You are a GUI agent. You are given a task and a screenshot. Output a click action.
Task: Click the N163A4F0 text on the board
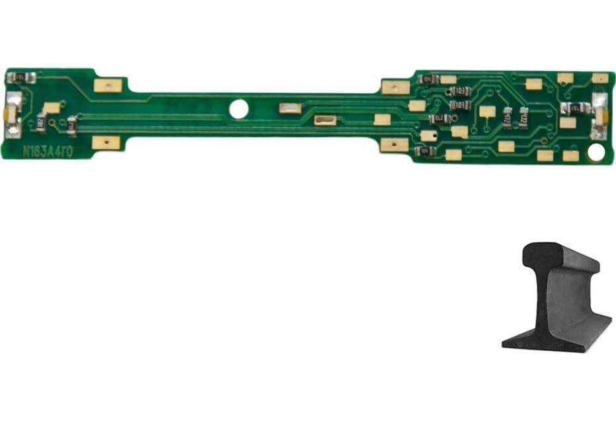click(48, 151)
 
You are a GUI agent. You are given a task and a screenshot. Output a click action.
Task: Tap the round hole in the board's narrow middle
click(239, 109)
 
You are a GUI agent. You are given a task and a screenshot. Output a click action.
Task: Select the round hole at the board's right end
click(596, 152)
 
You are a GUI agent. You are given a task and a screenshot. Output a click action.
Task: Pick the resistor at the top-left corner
click(20, 77)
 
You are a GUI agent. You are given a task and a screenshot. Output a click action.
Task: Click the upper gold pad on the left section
click(108, 85)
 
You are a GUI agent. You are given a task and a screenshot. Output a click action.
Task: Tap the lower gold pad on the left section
click(106, 142)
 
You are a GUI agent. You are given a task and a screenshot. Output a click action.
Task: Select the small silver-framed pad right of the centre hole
click(289, 108)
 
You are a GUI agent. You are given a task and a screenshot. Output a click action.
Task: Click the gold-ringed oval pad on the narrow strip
click(325, 120)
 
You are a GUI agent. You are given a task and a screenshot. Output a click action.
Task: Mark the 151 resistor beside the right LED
click(574, 108)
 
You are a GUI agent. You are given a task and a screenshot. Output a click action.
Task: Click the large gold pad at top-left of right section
click(395, 87)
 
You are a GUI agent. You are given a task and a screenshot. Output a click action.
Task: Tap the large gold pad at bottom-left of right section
click(394, 145)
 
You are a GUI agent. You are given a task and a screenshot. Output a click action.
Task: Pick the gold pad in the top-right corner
click(599, 78)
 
